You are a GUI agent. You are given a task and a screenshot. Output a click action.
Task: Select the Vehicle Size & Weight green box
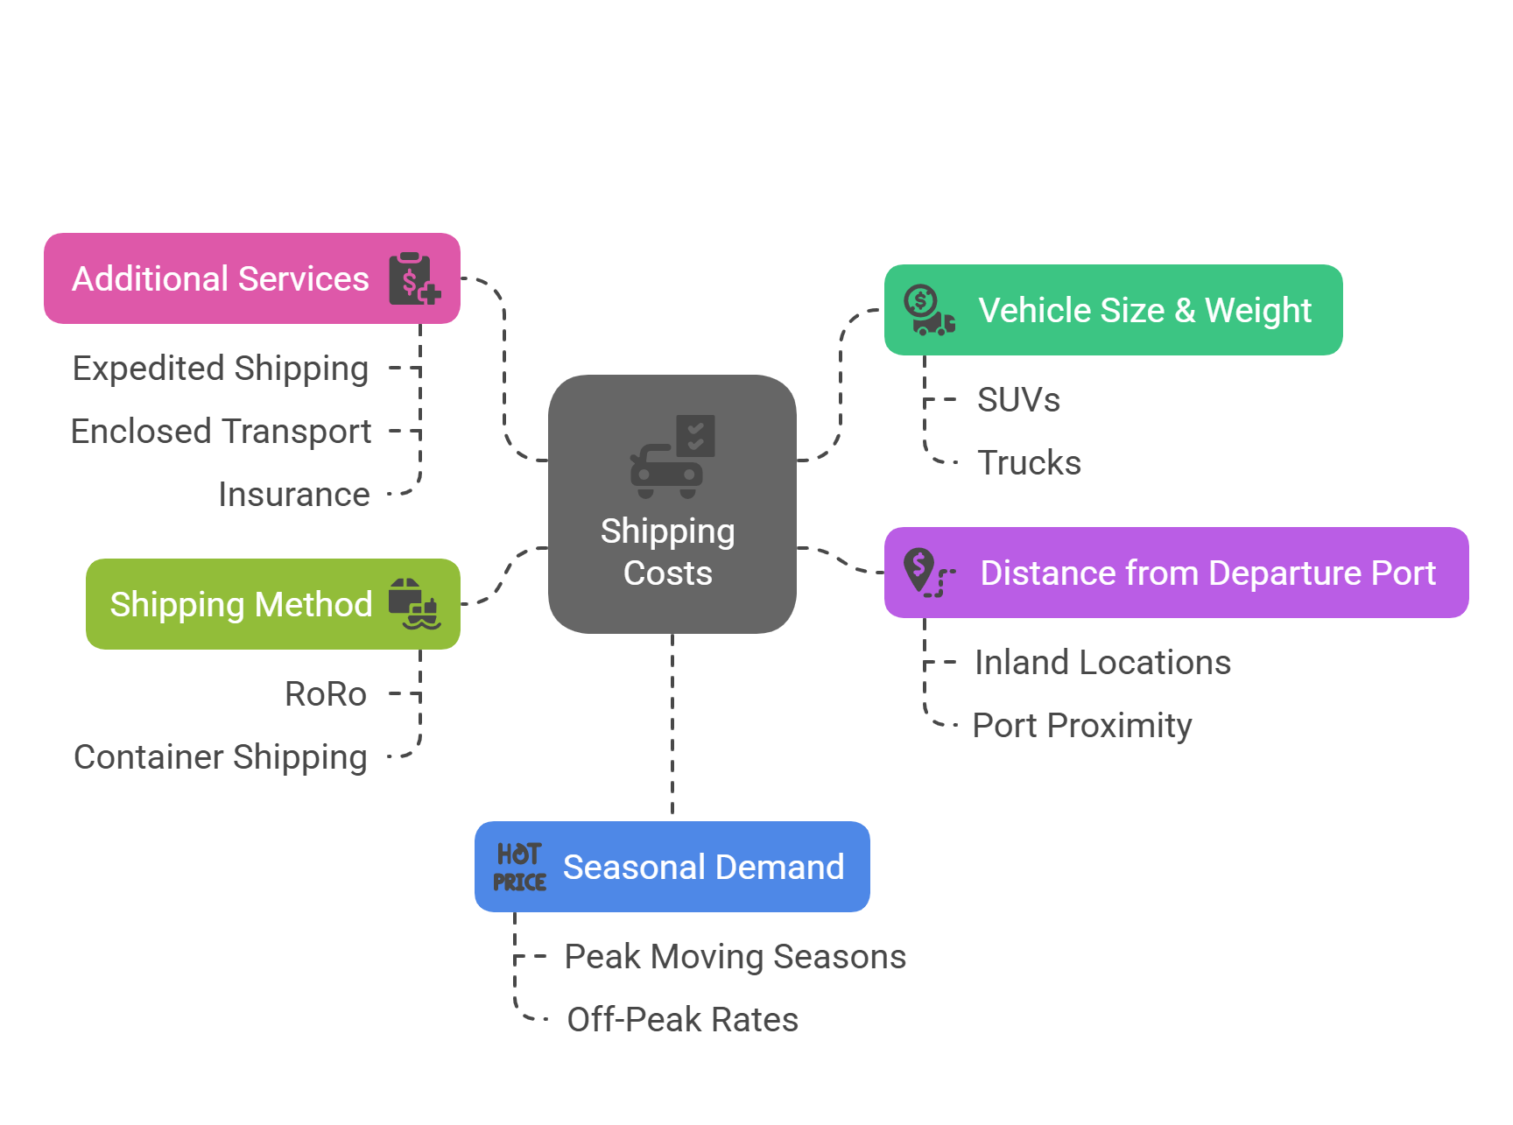(1113, 310)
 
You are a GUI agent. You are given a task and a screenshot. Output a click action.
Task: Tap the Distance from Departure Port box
(1176, 573)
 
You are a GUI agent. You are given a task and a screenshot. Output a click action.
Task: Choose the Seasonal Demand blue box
(672, 867)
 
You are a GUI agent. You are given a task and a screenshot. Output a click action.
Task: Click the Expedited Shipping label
(221, 369)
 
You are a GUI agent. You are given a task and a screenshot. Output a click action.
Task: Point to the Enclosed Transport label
(221, 432)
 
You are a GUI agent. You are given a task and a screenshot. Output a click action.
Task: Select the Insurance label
(294, 495)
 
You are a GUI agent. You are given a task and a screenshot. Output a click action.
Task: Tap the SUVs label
(1018, 400)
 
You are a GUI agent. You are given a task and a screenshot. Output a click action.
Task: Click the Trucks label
(1029, 463)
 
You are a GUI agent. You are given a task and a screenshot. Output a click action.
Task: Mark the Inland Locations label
(1102, 663)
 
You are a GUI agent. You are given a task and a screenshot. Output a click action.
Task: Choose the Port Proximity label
(1082, 726)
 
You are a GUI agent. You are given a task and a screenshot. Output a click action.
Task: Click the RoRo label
(326, 694)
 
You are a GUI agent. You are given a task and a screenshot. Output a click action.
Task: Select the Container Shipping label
(221, 757)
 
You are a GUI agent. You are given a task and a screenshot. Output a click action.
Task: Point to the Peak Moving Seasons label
(735, 957)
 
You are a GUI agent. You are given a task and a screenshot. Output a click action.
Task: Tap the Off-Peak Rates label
(682, 1020)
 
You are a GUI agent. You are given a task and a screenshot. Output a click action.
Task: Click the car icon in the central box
(667, 469)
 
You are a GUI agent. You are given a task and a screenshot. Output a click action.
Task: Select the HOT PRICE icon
(519, 867)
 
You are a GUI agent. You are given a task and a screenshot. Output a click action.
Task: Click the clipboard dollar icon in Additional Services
(413, 278)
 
